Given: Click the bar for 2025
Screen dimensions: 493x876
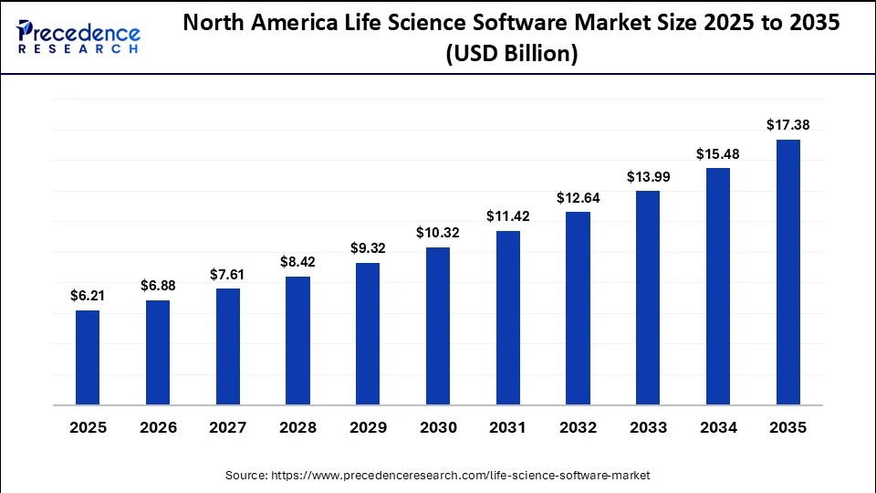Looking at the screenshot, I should coord(88,357).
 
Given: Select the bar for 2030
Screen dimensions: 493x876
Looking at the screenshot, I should coord(438,326).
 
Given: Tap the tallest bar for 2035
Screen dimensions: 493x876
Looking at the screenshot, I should coord(787,272).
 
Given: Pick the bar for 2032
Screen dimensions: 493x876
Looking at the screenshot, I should coord(578,308).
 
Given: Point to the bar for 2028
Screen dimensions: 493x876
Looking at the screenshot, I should coord(297,341).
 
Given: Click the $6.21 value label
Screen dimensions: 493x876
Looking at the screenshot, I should coord(88,295).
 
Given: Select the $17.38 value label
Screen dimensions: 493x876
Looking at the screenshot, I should coord(787,124).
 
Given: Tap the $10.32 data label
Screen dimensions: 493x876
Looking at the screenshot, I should coord(438,233).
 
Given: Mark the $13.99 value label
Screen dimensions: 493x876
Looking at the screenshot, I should coord(648,176).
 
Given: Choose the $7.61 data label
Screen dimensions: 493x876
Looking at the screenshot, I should coord(227,274).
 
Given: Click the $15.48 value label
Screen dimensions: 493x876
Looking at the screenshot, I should coord(718,153).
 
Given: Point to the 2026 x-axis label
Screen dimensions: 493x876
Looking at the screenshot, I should coord(158,427).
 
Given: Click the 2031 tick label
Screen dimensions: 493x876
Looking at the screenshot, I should coord(507,427).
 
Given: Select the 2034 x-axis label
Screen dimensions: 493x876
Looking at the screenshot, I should coord(718,427).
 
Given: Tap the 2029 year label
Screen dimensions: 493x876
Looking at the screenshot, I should coord(368,427).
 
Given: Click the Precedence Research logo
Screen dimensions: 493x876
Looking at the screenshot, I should coord(78,37).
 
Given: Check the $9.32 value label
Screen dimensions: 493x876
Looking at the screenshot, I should coord(368,247).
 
